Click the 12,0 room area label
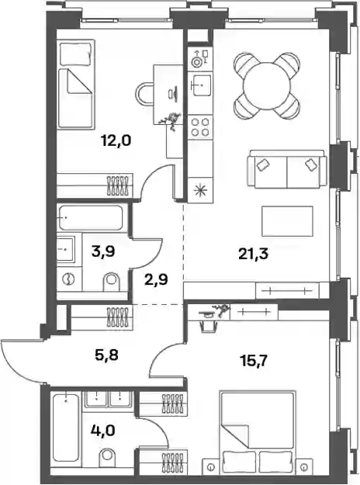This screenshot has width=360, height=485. point(116,140)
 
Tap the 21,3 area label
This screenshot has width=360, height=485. point(253,255)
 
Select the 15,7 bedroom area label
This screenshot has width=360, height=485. point(255,360)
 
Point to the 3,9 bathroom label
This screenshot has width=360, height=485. point(103,251)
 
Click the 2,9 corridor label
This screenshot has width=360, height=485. point(156,280)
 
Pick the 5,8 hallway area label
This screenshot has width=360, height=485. point(107,355)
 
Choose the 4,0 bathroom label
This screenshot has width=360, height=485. point(103,430)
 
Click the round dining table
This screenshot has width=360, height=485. point(267,85)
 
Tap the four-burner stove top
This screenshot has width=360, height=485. point(200,127)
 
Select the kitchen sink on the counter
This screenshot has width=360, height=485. point(200,84)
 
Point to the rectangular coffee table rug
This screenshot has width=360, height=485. point(287,221)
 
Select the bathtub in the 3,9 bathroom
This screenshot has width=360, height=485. point(90,217)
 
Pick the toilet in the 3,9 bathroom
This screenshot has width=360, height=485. point(112,282)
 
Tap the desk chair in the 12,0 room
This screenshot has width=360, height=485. point(145,94)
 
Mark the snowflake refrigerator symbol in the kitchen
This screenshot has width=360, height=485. point(200,190)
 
